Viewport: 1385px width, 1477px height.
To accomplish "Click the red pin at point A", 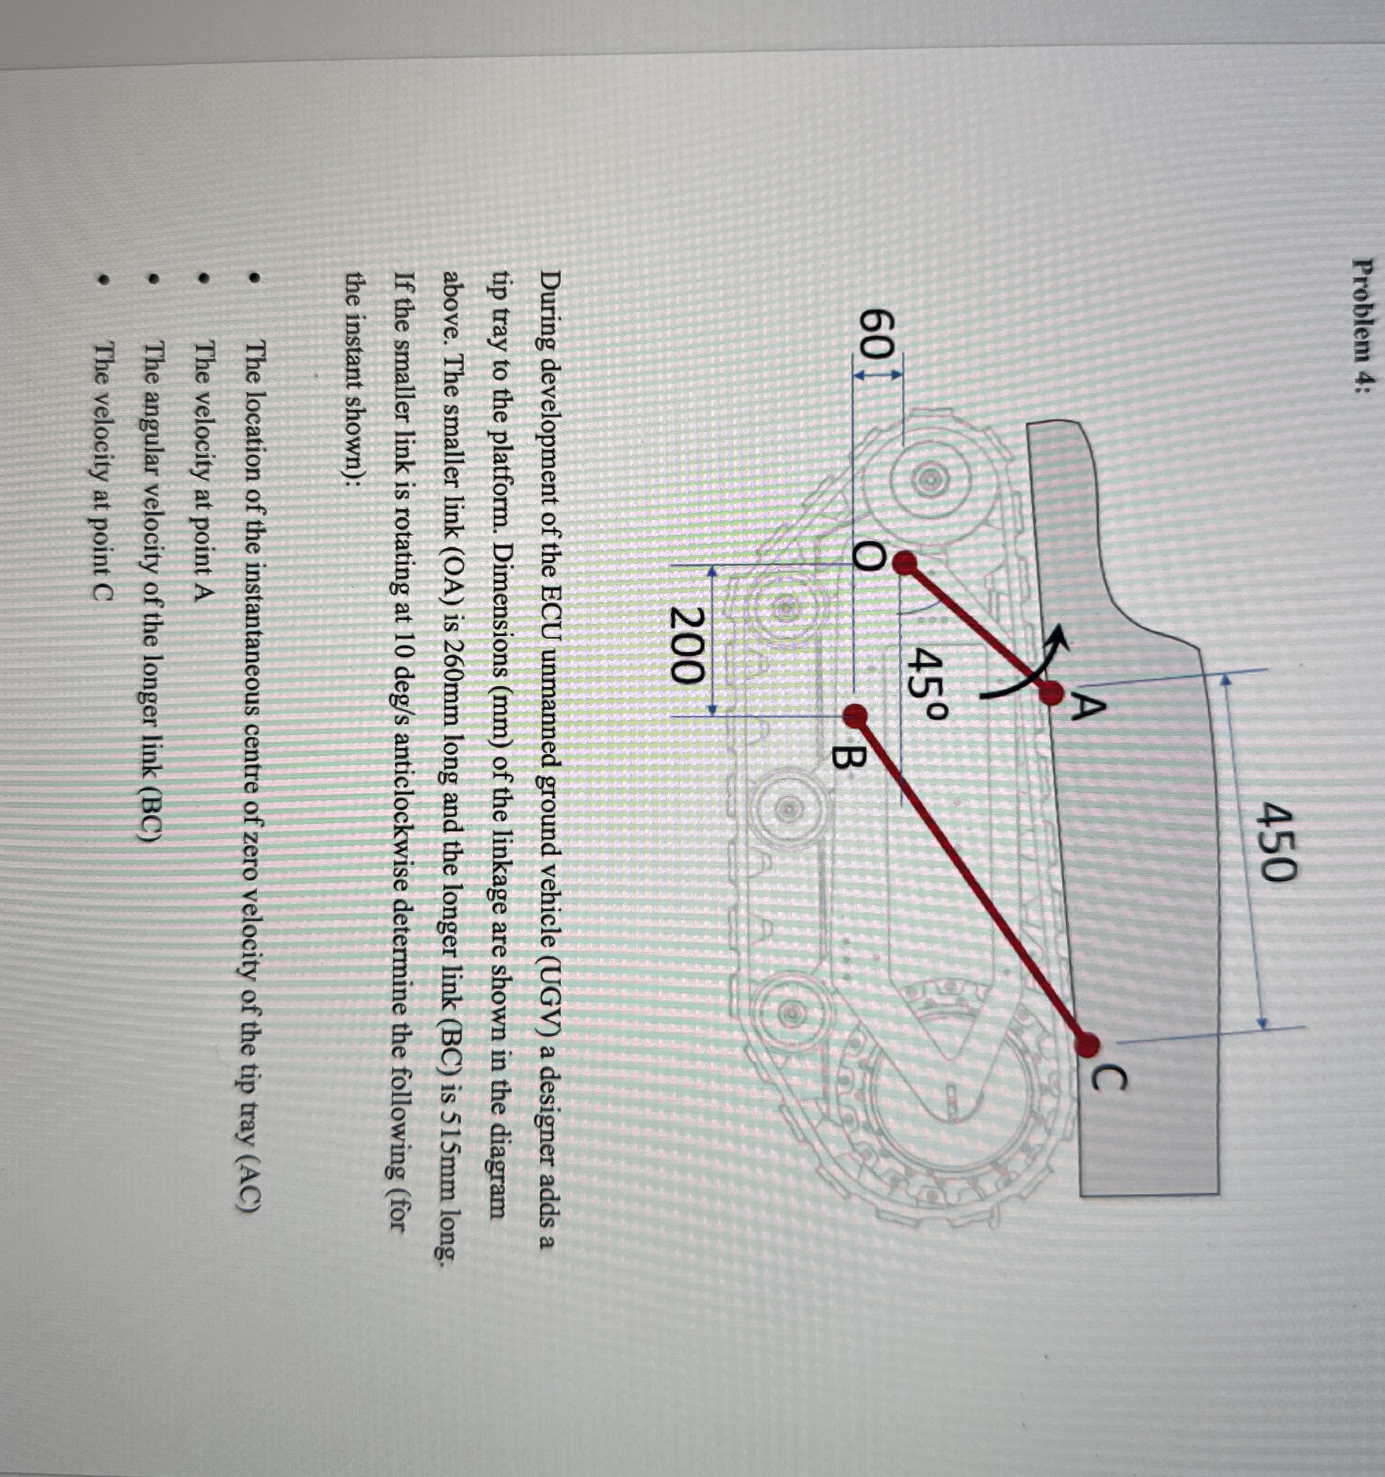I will pos(1051,695).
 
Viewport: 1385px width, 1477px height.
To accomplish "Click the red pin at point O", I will pos(904,565).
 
